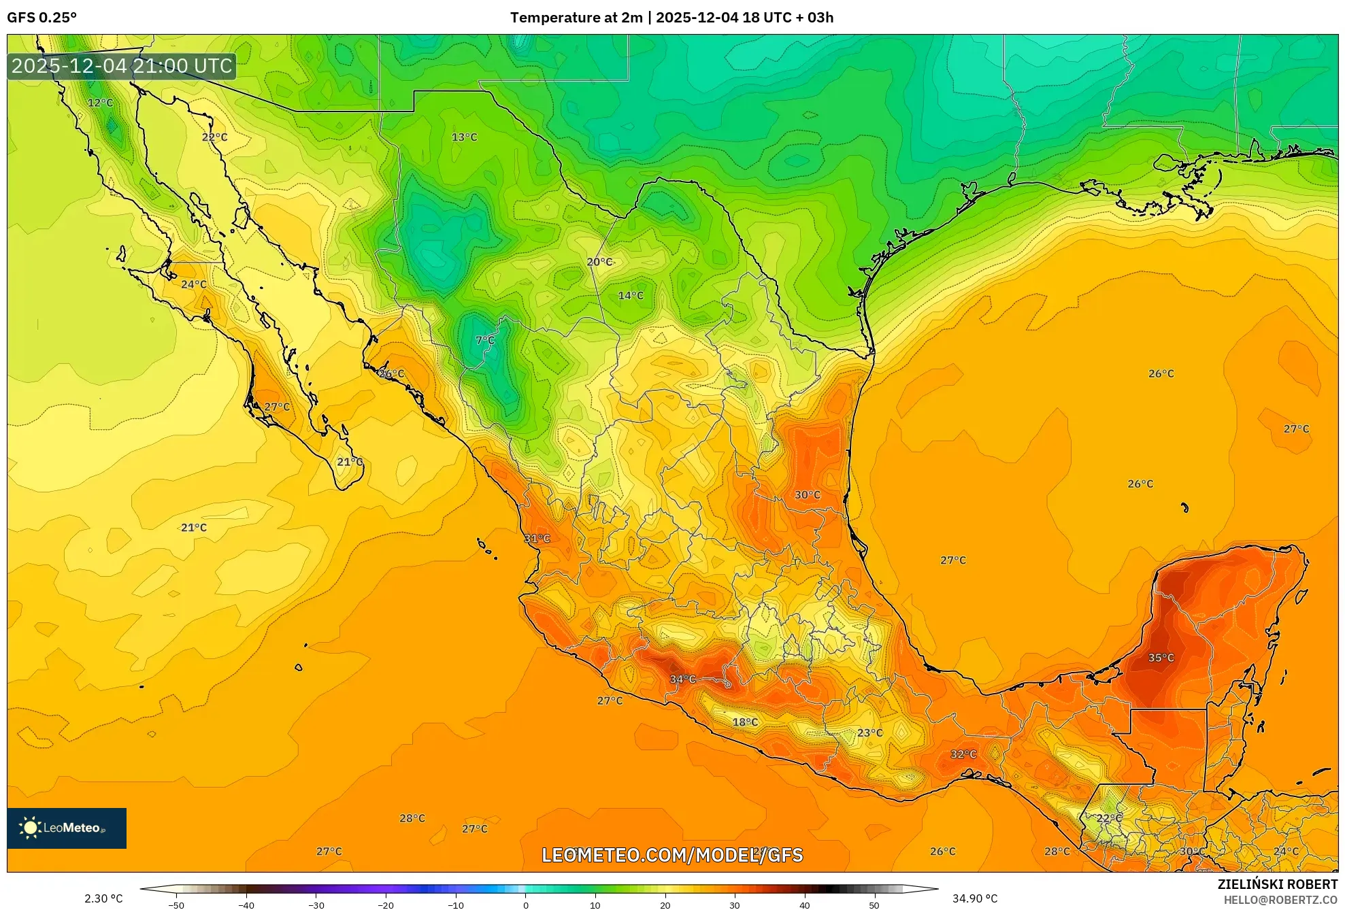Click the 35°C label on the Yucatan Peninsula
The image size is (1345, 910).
point(1161,658)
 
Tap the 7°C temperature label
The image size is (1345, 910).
point(484,340)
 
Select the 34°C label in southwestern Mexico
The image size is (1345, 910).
point(682,679)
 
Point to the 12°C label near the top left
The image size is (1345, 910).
point(100,103)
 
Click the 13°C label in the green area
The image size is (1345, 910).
point(464,137)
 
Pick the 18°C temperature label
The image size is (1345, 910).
point(744,722)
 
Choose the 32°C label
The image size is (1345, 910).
point(963,754)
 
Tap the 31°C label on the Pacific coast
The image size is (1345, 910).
point(537,538)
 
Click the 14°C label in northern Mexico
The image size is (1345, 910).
point(630,295)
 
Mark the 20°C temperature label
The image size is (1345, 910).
point(599,262)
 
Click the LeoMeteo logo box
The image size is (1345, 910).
point(67,828)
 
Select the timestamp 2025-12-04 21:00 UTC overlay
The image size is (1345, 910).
point(122,66)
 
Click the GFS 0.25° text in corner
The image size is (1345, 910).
point(41,18)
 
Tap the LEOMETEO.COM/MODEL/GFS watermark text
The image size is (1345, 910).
point(672,855)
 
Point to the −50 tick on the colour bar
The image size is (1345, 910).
point(176,905)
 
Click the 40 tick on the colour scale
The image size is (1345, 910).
point(804,905)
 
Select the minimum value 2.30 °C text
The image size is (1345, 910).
point(103,898)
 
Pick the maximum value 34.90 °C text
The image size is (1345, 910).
point(974,898)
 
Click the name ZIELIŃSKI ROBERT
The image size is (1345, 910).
point(1277,884)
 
